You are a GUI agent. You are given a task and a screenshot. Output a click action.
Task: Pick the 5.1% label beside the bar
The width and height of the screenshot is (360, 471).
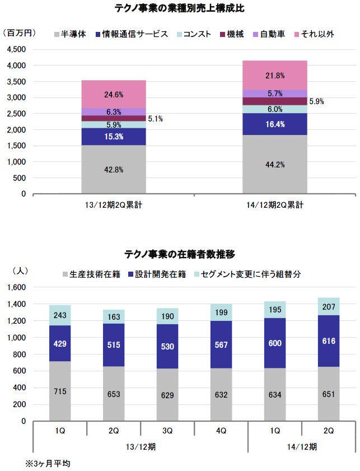coord(156,119)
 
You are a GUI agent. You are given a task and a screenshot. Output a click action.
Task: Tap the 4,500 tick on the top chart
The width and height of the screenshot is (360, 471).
coord(17,49)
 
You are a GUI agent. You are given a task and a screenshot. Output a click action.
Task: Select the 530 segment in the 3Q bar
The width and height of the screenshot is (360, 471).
coord(168,346)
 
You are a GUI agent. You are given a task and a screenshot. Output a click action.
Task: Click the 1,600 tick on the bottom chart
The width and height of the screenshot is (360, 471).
coord(17,287)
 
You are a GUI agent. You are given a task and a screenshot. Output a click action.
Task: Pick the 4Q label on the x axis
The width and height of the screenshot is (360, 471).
coord(221,431)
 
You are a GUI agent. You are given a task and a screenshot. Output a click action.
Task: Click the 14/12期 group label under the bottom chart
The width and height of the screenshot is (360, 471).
coord(302,446)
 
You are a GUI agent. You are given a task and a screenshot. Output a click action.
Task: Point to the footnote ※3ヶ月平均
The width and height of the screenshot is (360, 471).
coord(48,464)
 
